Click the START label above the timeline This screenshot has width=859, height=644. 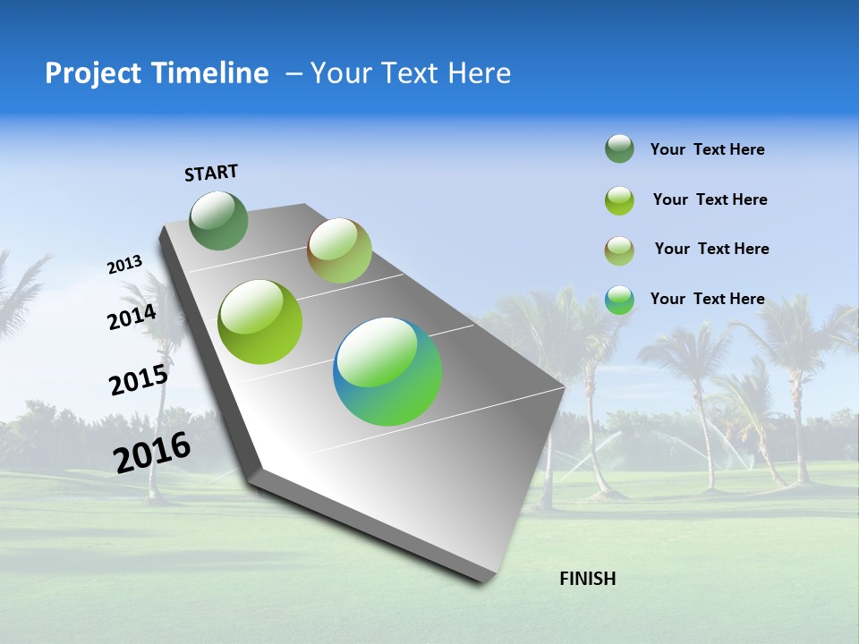[x=211, y=173]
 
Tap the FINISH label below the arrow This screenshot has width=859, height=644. [x=587, y=579]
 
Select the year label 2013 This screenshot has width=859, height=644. [x=125, y=265]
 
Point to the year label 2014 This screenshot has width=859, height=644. [x=132, y=318]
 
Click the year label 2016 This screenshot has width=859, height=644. [x=152, y=453]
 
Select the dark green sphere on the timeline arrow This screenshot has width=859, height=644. [x=219, y=221]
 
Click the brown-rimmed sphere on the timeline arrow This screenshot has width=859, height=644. [x=339, y=250]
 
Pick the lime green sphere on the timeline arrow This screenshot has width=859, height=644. [x=260, y=322]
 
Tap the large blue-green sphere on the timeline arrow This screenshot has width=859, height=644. [x=387, y=371]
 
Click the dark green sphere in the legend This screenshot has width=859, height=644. [x=619, y=149]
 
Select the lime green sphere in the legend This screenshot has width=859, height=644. [x=619, y=199]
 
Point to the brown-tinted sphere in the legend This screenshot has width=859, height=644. [x=619, y=250]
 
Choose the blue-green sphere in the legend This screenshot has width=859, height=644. [x=619, y=300]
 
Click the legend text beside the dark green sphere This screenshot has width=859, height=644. [x=707, y=150]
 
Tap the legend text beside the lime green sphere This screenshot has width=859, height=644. [x=710, y=199]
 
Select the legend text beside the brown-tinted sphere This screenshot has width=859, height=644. [x=711, y=249]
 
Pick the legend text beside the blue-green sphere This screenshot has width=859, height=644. [x=707, y=299]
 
